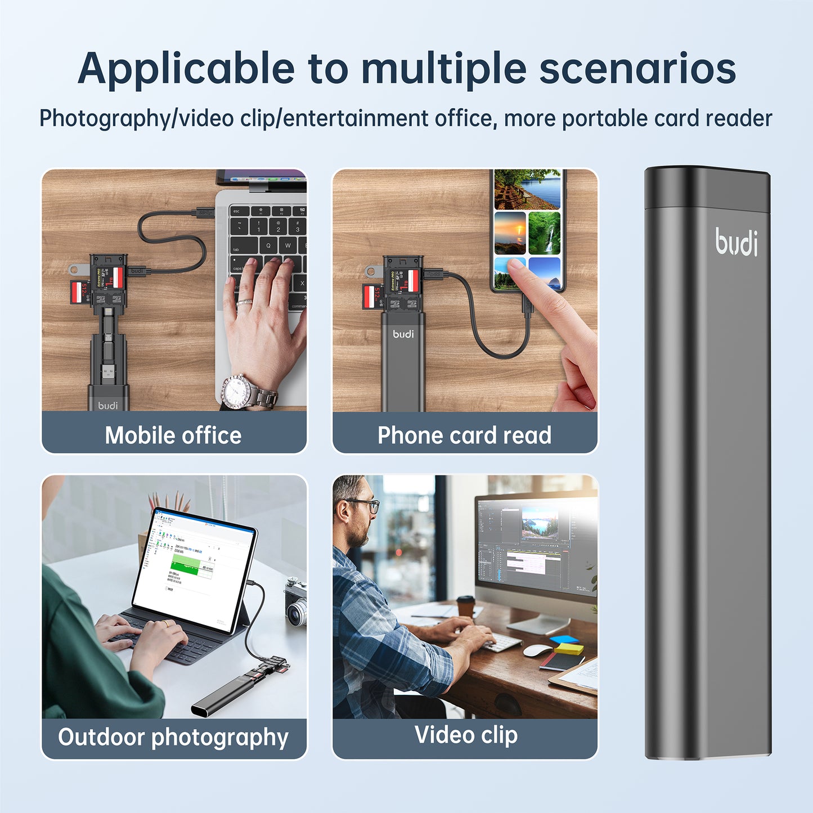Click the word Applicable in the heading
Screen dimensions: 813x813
(x=186, y=69)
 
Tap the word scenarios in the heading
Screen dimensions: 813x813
(x=637, y=69)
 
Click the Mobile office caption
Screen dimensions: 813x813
(x=173, y=435)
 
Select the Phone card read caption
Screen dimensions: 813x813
(x=464, y=435)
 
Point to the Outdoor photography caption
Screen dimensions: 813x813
(x=173, y=737)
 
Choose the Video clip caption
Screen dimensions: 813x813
(x=466, y=735)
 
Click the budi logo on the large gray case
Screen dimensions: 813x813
(x=736, y=242)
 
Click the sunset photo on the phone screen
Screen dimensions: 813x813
(x=510, y=233)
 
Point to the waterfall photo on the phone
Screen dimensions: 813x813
(x=545, y=233)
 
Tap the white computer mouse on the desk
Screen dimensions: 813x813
(x=537, y=650)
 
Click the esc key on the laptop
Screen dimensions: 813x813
(x=237, y=212)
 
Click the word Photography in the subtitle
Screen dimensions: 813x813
(x=104, y=119)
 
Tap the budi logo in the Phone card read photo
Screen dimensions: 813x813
(x=403, y=334)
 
